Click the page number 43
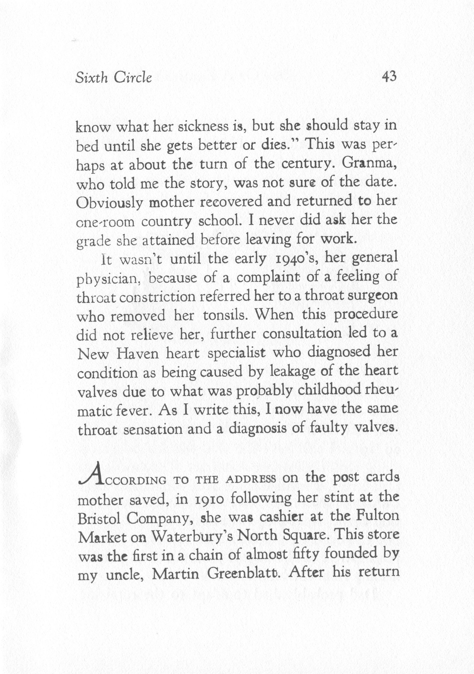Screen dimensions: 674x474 [x=389, y=77]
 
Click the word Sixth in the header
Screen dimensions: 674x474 [x=91, y=78]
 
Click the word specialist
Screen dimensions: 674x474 [x=237, y=354]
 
